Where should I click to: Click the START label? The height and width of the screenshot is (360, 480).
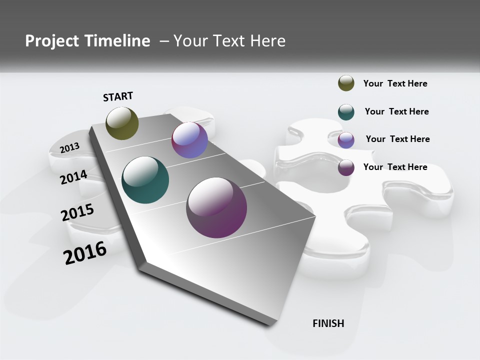click(x=118, y=96)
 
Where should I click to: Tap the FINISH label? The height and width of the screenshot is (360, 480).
click(x=328, y=323)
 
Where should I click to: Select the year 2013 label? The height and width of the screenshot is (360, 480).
click(x=69, y=147)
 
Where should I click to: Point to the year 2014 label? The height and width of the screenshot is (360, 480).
click(x=73, y=177)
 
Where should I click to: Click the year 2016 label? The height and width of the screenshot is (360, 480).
click(x=85, y=253)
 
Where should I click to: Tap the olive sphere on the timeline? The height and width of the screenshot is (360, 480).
click(x=122, y=123)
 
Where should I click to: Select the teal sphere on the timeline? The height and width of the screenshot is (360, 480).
click(x=145, y=180)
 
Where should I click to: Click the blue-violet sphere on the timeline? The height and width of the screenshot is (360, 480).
click(x=189, y=140)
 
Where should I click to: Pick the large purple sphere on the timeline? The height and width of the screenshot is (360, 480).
click(x=216, y=207)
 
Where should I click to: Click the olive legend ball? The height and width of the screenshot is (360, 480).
click(x=346, y=83)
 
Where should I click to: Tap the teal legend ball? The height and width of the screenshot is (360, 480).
click(x=346, y=112)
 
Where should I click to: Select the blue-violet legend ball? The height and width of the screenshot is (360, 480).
click(x=346, y=140)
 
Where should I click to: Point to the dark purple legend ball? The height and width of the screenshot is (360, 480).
click(x=346, y=167)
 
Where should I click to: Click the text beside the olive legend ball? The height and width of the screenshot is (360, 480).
click(x=395, y=83)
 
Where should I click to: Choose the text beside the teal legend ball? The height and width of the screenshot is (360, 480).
click(x=396, y=111)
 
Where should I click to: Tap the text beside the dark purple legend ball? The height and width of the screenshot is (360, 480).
click(x=395, y=167)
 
